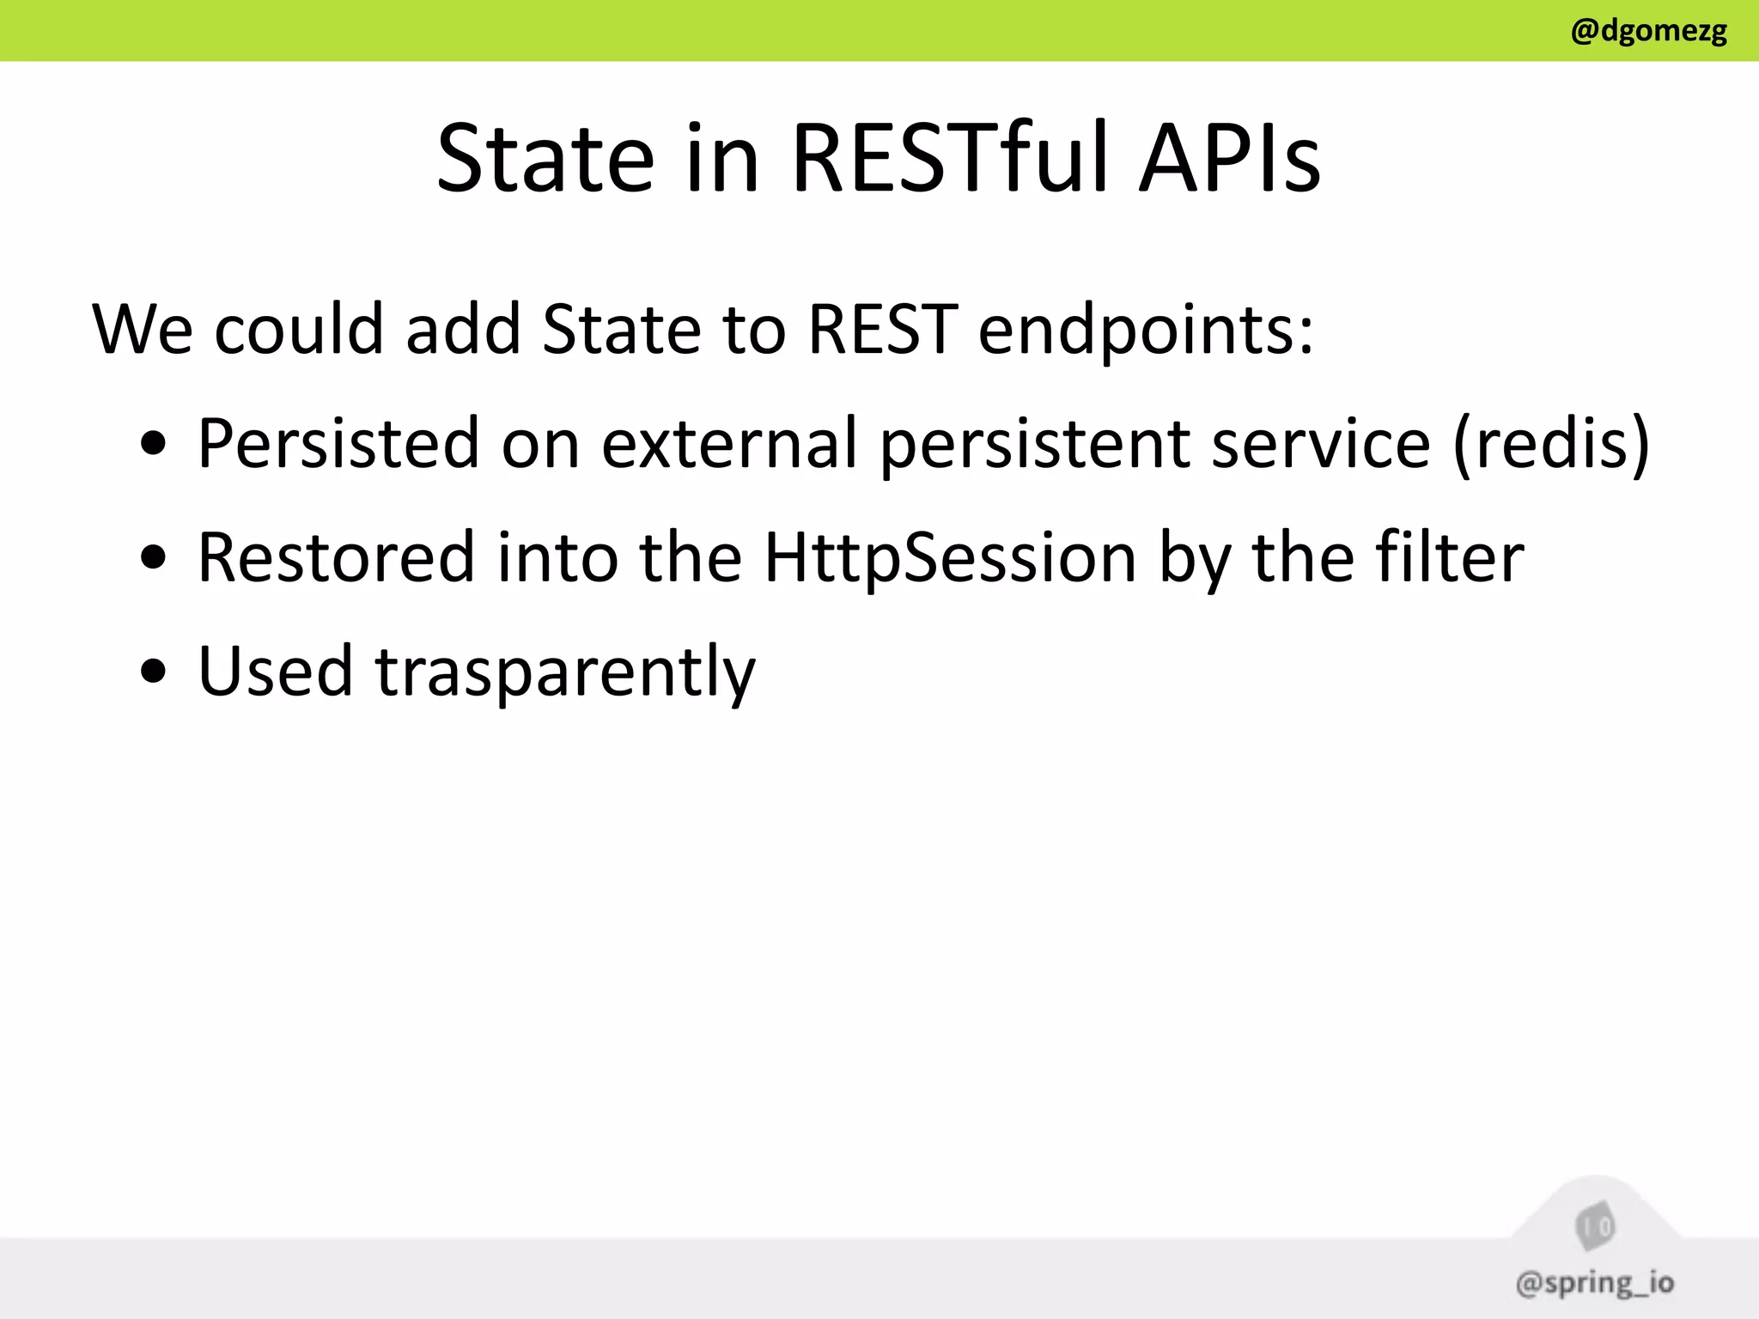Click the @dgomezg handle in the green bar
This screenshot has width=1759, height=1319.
pyautogui.click(x=1648, y=31)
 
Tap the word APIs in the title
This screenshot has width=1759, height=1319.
pyautogui.click(x=1229, y=158)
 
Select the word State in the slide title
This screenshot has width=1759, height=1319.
pyautogui.click(x=545, y=158)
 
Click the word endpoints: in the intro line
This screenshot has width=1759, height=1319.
pyautogui.click(x=1146, y=330)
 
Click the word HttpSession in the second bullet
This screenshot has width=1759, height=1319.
pyautogui.click(x=950, y=558)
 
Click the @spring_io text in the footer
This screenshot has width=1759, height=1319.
pyautogui.click(x=1594, y=1282)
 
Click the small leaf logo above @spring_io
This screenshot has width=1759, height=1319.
pyautogui.click(x=1595, y=1226)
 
